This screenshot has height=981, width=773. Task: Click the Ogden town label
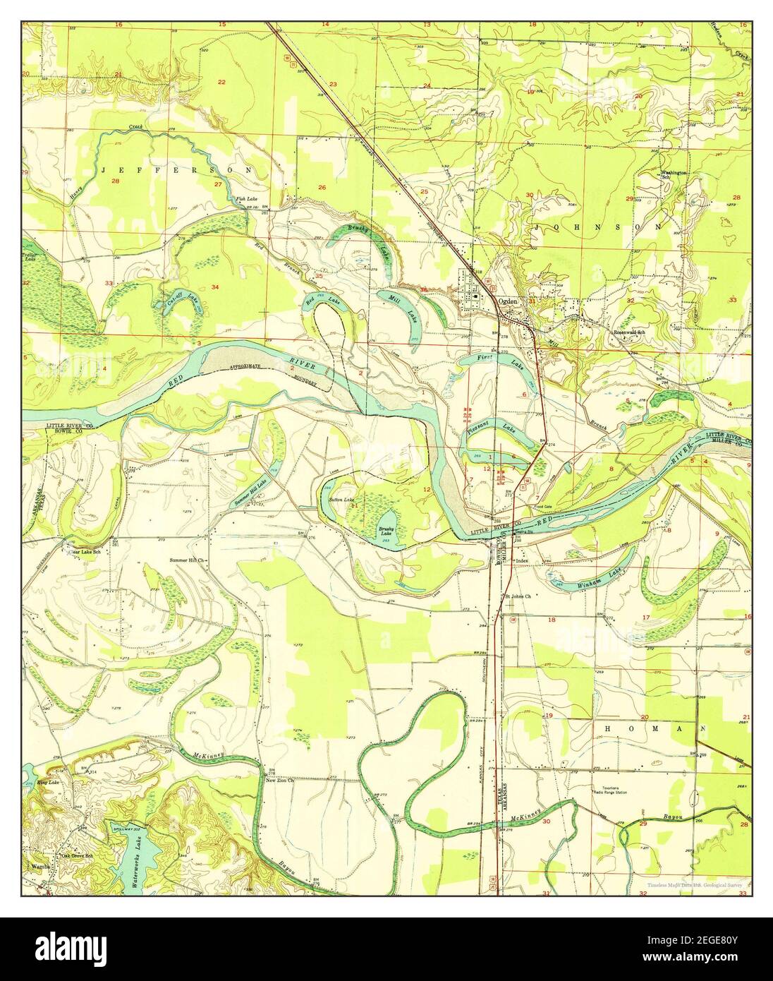pos(508,301)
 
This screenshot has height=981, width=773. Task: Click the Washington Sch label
pos(673,174)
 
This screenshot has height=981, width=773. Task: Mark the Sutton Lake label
pos(341,500)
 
